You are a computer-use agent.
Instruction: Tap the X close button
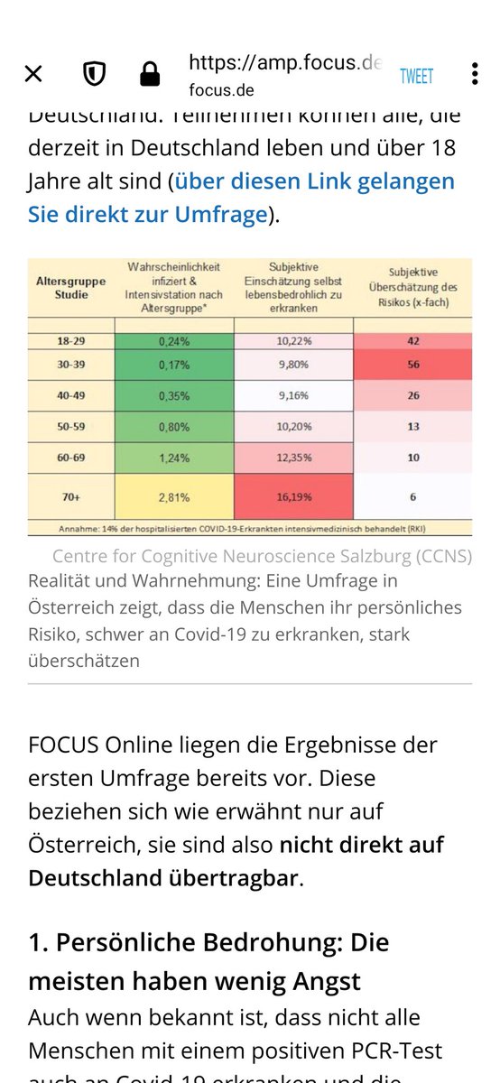tap(33, 75)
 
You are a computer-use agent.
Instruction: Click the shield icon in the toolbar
tap(93, 75)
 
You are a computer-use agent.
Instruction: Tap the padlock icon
tap(150, 75)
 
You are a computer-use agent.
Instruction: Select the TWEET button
tap(416, 77)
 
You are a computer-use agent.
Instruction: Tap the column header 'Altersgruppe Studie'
tap(70, 288)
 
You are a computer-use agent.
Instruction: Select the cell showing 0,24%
tap(173, 342)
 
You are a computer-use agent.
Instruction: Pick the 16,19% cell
tap(292, 496)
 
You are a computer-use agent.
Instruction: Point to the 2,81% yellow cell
tap(173, 496)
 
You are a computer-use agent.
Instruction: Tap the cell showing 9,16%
tap(292, 395)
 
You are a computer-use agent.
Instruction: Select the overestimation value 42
tap(412, 342)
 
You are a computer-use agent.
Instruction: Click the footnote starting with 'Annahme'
tap(249, 527)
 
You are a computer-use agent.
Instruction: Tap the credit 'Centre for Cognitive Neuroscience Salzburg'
tap(262, 556)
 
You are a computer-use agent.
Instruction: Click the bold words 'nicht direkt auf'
tap(361, 846)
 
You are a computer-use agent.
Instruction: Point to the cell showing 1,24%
tap(173, 458)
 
